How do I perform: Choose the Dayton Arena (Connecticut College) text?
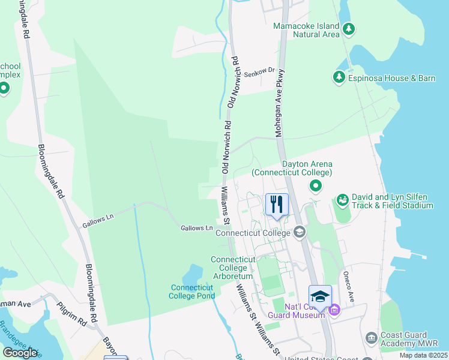pos(292,168)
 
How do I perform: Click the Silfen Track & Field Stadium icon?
pos(342,199)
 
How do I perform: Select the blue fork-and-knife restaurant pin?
pos(277,204)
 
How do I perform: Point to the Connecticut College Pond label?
pos(192,292)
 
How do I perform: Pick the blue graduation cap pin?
pos(320,296)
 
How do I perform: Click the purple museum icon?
pos(334,310)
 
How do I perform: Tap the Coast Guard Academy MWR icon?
pos(371,338)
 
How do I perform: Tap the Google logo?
pos(20,352)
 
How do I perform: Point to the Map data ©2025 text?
pos(423,355)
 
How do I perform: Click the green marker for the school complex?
pos(4,89)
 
